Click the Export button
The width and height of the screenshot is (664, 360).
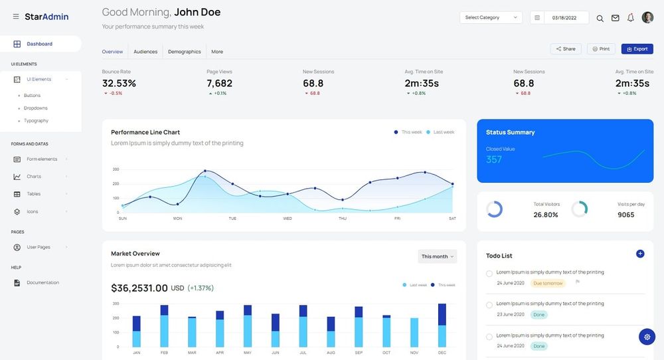[x=637, y=49]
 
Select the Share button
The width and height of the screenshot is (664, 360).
[x=566, y=49]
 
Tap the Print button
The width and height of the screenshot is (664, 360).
[x=601, y=49]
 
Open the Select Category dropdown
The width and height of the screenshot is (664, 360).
[x=491, y=18]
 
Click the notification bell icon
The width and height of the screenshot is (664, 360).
[x=631, y=18]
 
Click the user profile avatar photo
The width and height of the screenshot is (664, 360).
[x=647, y=18]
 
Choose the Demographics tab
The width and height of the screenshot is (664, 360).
[x=184, y=52]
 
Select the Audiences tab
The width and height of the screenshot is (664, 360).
[x=145, y=52]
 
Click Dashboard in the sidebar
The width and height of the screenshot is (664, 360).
[x=39, y=44]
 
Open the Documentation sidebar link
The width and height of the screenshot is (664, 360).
[x=42, y=283]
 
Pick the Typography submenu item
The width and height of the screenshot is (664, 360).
[x=36, y=121]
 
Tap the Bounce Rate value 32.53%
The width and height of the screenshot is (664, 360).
[x=119, y=83]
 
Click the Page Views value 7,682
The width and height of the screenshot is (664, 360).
[x=219, y=83]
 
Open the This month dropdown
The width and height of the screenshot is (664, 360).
[x=438, y=256]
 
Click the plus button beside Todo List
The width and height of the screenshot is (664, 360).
[x=640, y=254]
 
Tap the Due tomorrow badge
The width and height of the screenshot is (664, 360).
[x=548, y=284]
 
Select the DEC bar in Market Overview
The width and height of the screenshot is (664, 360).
[x=442, y=325]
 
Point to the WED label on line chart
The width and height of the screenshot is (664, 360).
[x=288, y=219]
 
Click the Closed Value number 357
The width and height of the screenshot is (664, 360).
[x=494, y=159]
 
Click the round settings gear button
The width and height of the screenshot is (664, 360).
[x=647, y=337]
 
